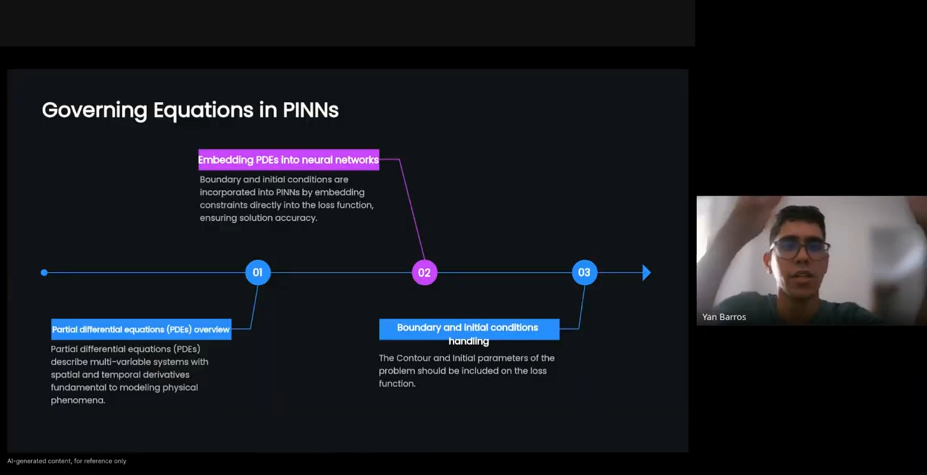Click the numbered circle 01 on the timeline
point(258,273)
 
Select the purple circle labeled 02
point(424,273)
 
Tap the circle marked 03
point(584,273)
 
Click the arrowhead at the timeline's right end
point(646,273)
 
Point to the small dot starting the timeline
point(44,273)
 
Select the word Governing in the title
point(94,110)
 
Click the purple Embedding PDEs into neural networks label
point(288,160)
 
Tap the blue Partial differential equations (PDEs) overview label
point(141,329)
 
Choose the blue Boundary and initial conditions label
point(469,328)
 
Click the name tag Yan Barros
point(724,316)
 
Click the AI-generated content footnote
point(67,461)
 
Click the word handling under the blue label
point(469,342)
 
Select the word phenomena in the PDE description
point(78,401)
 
